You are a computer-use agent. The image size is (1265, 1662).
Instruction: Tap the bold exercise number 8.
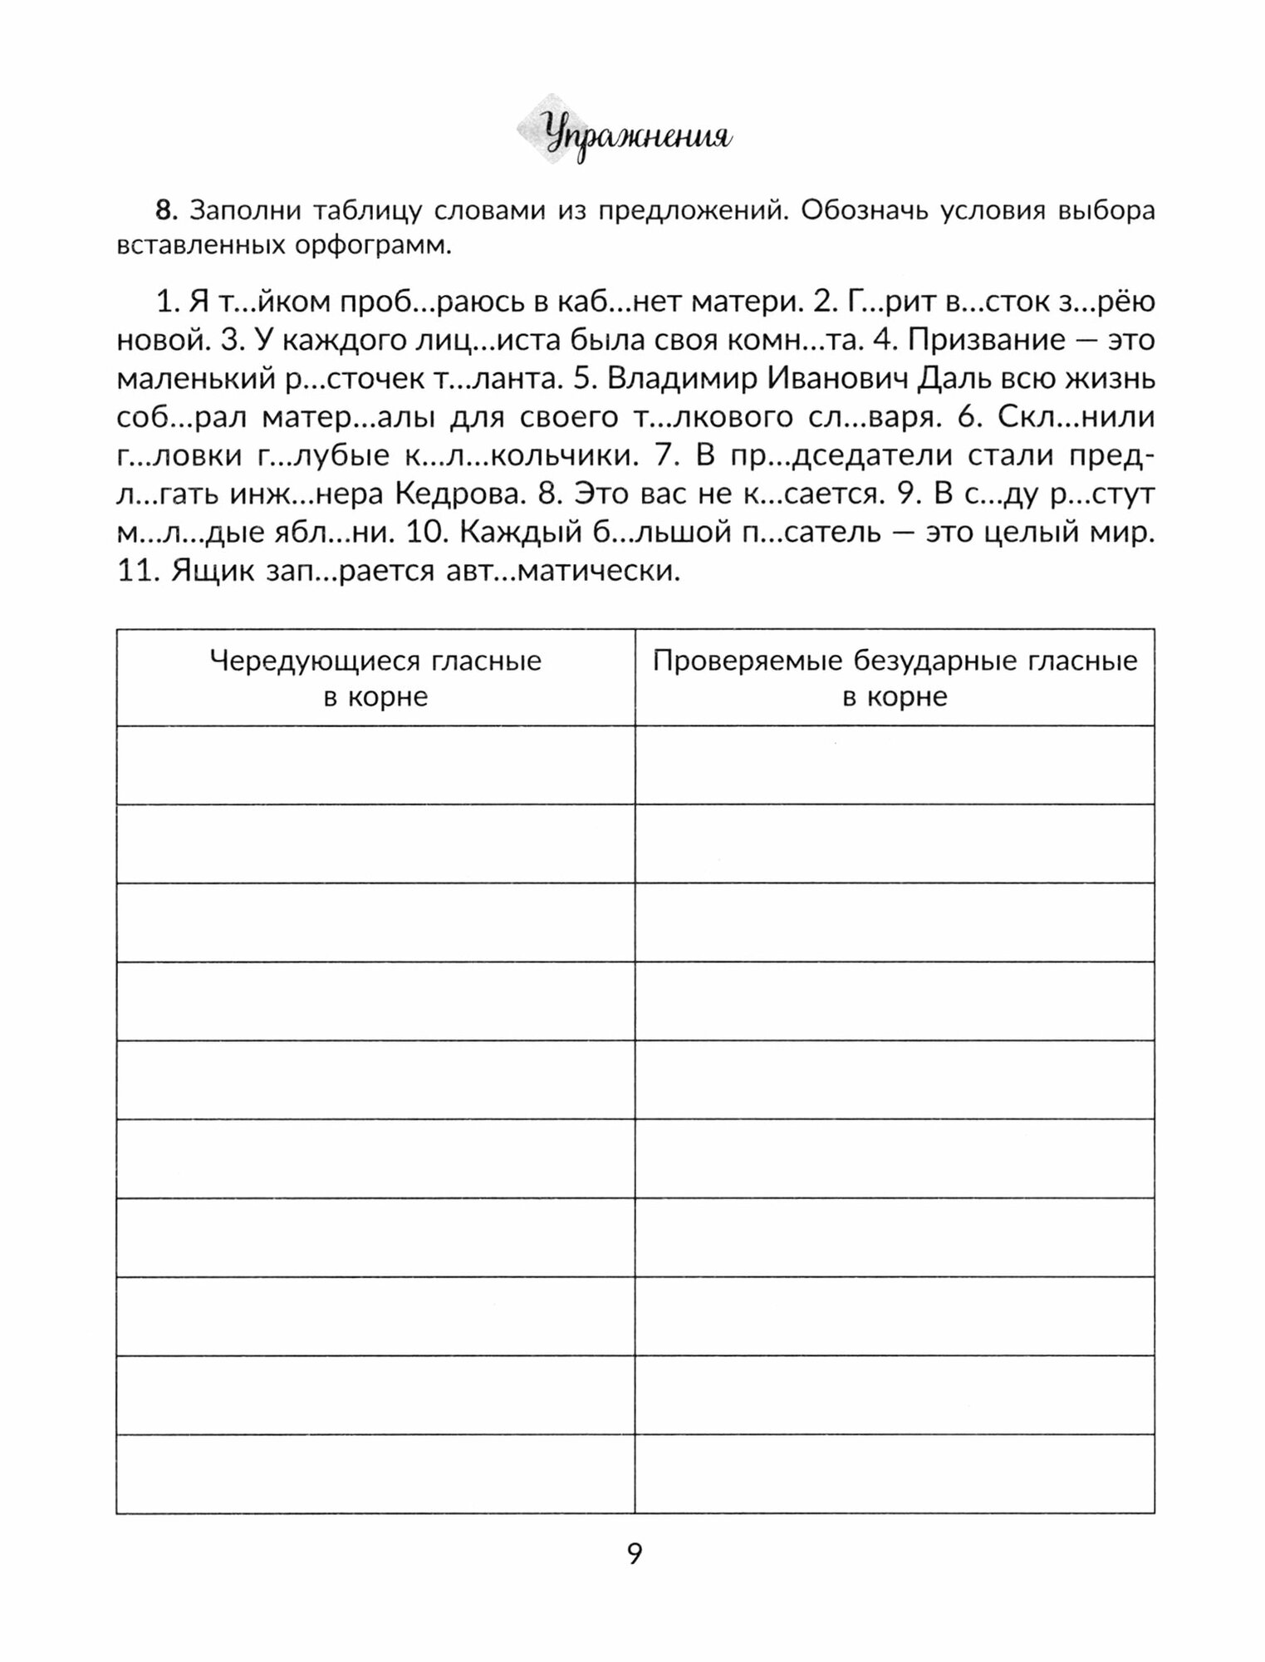(x=166, y=211)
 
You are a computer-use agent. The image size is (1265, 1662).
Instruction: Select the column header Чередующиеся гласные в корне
(x=375, y=678)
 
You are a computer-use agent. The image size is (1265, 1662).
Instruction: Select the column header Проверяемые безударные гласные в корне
(x=895, y=678)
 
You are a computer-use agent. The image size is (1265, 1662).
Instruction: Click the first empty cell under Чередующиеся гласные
(x=375, y=765)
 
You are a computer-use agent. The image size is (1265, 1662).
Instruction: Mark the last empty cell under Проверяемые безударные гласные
(x=895, y=1473)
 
